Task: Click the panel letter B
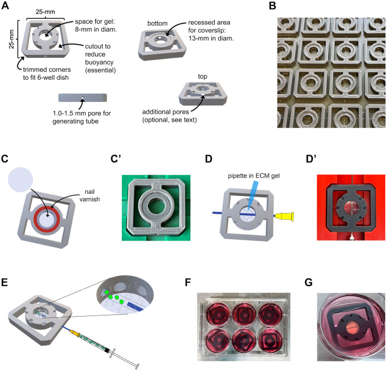(272, 6)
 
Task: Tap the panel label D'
(311, 159)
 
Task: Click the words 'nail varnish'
(90, 195)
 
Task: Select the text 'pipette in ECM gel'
(254, 176)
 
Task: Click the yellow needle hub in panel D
(284, 216)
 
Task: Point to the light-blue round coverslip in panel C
(20, 180)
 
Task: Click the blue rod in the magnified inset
(135, 306)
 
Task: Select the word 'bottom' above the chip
(158, 23)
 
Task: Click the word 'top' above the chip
(202, 76)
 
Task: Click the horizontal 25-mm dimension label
(45, 12)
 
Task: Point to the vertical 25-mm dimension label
(11, 39)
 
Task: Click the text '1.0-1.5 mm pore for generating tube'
(82, 117)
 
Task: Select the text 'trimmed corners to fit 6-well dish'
(47, 74)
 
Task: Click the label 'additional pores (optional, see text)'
(169, 116)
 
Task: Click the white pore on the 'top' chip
(202, 95)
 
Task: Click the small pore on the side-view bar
(82, 98)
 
